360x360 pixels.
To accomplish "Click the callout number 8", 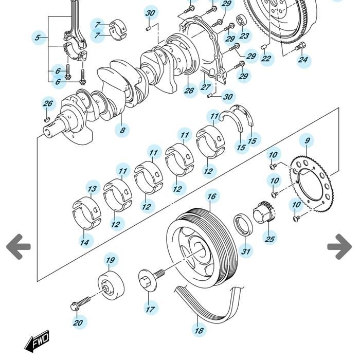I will tap(122, 130).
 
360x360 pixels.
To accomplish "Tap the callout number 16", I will tap(212, 196).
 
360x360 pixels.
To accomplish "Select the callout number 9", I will tap(307, 140).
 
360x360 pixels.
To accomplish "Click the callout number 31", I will tap(246, 251).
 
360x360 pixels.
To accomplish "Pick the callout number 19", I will tap(110, 260).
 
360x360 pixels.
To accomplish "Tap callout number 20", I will tap(78, 323).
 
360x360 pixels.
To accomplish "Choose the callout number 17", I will tap(150, 309).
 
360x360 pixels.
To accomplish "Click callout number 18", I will tap(199, 330).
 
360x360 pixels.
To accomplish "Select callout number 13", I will tap(92, 189).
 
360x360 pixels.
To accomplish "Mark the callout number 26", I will tap(48, 104).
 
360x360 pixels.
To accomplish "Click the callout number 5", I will tap(38, 38).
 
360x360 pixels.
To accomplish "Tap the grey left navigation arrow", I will tap(19, 246).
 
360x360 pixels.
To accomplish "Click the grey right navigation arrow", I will tap(339, 246).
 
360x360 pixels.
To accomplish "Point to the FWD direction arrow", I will tap(38, 341).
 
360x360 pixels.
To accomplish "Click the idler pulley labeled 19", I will tap(111, 284).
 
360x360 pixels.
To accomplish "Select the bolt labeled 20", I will tap(82, 303).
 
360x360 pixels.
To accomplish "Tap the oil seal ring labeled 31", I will tap(243, 225).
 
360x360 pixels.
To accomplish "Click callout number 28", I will tap(189, 91).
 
